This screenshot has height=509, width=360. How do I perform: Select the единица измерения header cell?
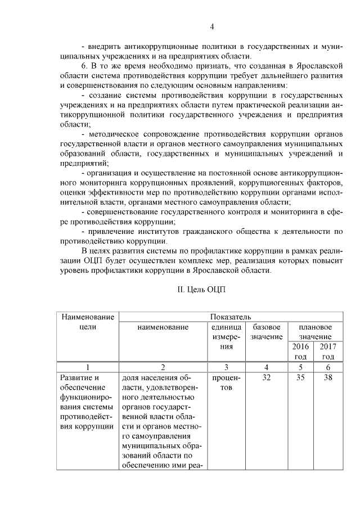(x=227, y=336)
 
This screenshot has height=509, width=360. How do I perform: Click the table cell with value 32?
(x=267, y=377)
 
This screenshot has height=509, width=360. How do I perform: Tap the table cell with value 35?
(x=300, y=377)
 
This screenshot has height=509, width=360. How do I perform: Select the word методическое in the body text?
(x=115, y=136)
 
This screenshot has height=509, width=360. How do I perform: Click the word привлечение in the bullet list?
(x=111, y=231)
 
